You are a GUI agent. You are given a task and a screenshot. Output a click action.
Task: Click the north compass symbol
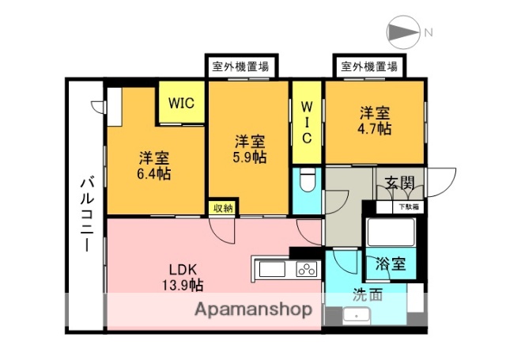(405, 32)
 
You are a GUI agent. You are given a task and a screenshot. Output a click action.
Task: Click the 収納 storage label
(221, 208)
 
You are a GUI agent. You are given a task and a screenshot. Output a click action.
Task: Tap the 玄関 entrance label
(399, 184)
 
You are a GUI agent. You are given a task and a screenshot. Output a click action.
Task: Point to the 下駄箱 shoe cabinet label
(408, 207)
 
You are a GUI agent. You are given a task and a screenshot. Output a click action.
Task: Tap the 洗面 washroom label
(368, 297)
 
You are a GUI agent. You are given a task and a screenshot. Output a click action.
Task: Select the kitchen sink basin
(272, 270)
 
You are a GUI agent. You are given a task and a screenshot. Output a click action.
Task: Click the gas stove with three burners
(305, 270)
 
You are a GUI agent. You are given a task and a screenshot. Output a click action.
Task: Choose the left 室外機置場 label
(240, 67)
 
